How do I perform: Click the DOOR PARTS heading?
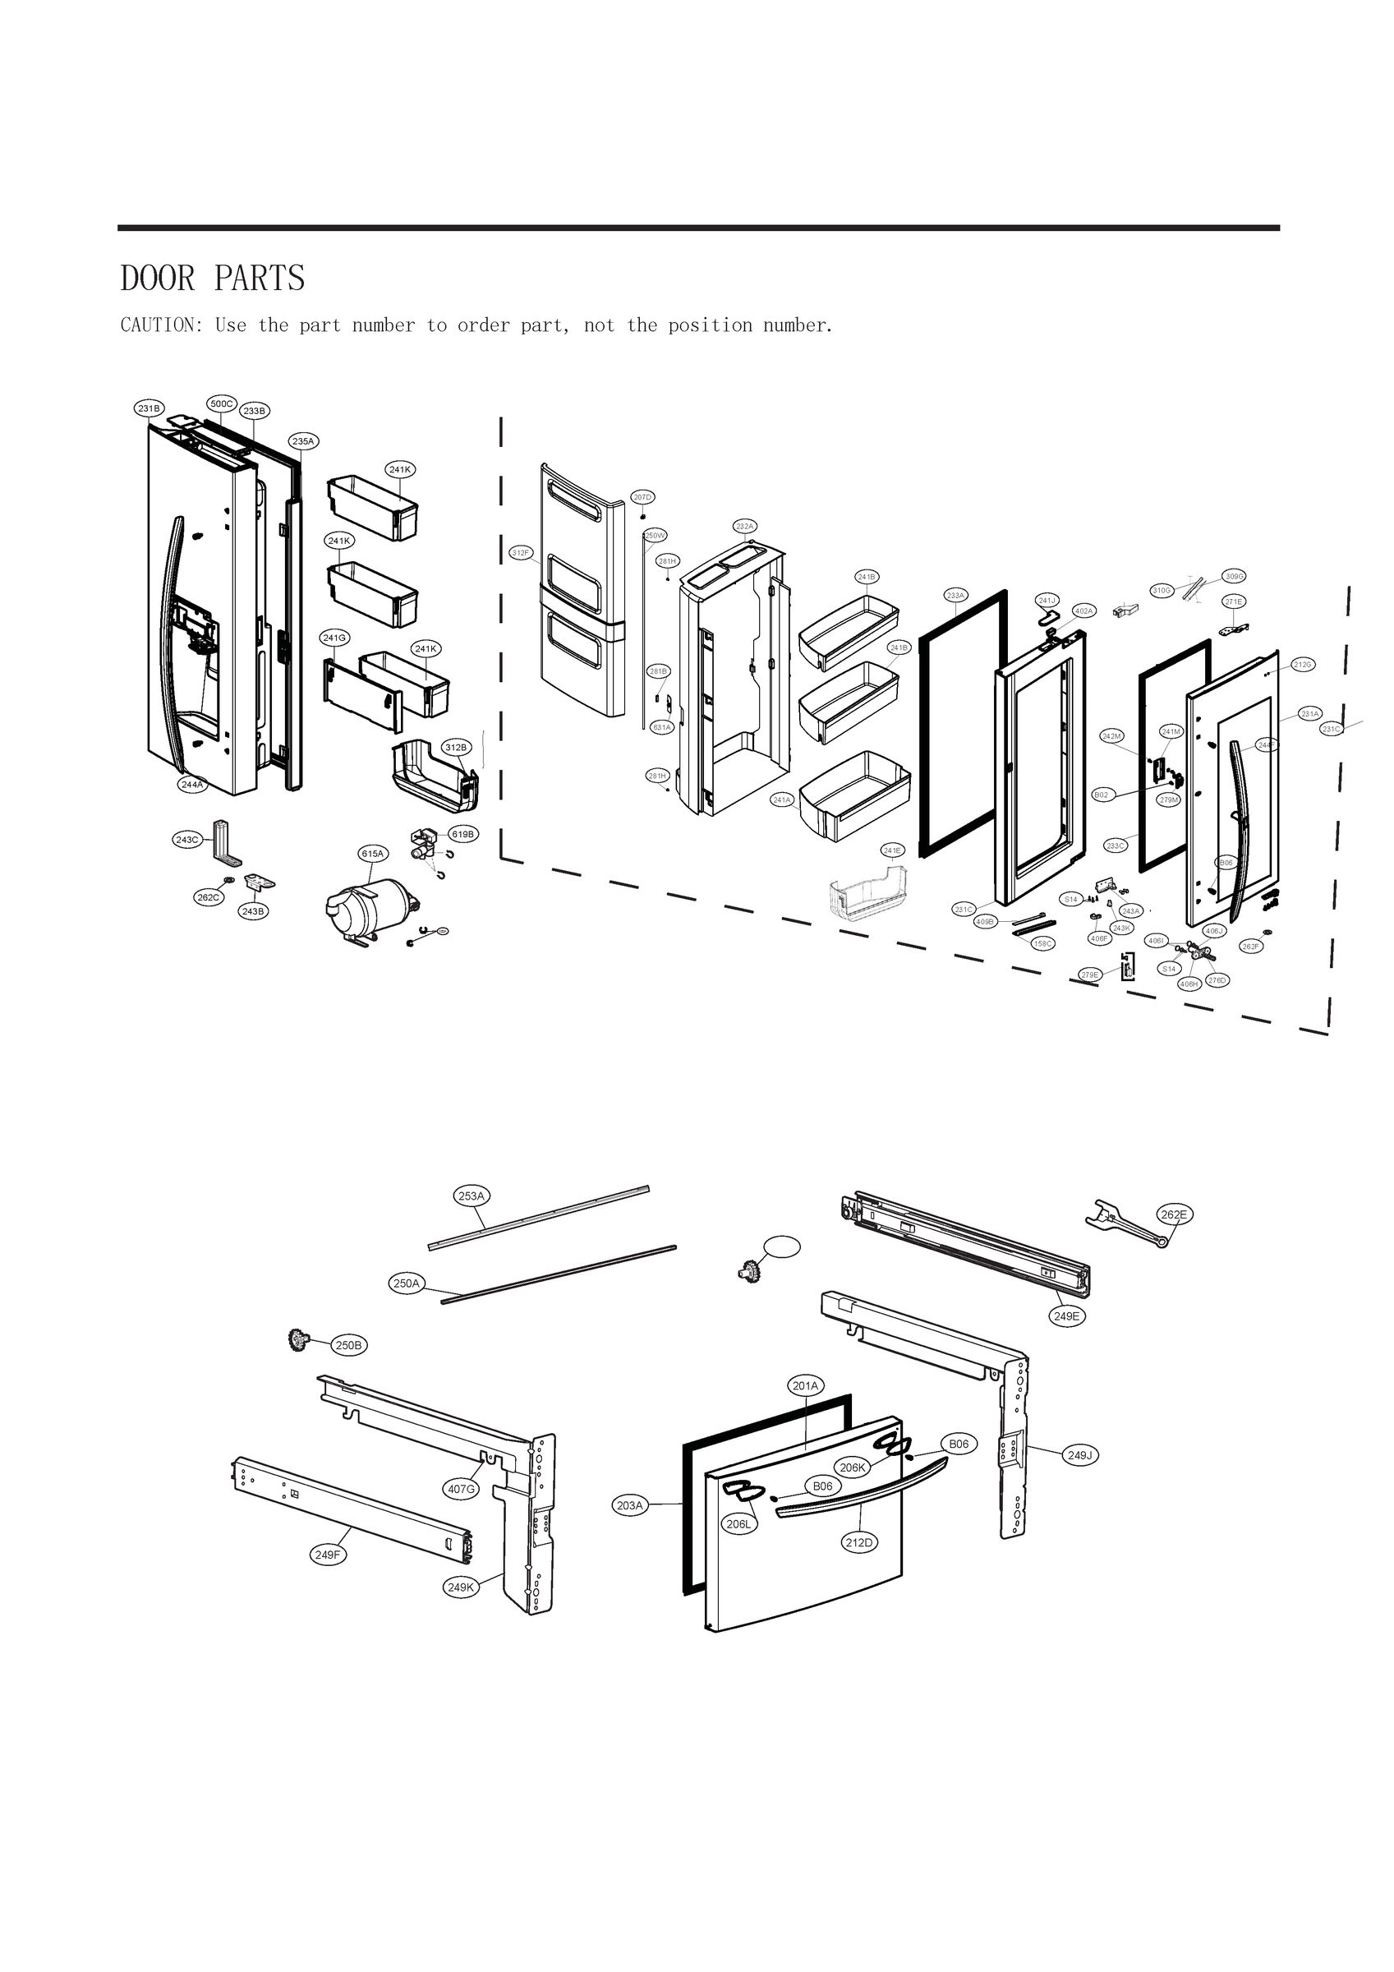click(213, 279)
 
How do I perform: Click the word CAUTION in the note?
click(159, 325)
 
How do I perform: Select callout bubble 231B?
click(150, 409)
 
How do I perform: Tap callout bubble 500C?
click(222, 403)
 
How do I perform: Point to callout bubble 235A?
click(303, 441)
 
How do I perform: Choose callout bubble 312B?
click(455, 747)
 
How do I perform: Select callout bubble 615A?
click(373, 854)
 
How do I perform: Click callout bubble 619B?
click(463, 834)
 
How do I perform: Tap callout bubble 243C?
click(187, 839)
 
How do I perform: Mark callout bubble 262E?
click(1173, 1214)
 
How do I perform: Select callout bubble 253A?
click(472, 1196)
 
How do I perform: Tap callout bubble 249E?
click(1067, 1315)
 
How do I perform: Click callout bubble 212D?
click(859, 1542)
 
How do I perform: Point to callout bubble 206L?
click(738, 1524)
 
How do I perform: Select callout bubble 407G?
click(461, 1490)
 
